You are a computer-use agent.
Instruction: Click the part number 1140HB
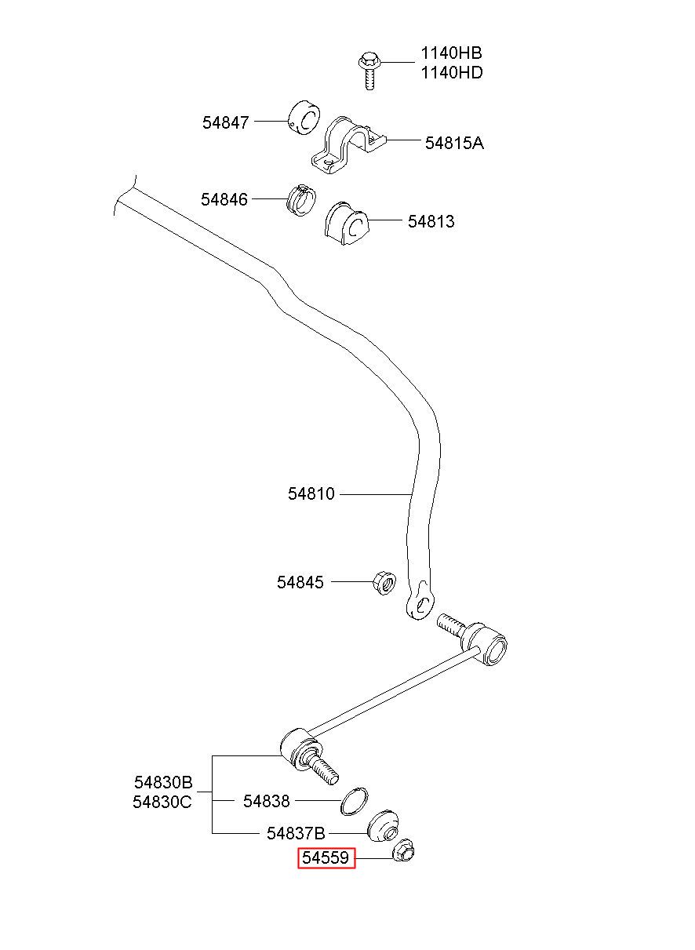tap(451, 53)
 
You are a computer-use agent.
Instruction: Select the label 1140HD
tap(452, 73)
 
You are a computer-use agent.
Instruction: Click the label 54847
tap(225, 123)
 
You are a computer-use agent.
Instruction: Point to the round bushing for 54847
tap(304, 117)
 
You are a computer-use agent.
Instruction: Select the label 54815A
tap(454, 144)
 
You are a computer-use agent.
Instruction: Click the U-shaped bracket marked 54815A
tap(349, 145)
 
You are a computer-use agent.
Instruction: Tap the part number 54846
tap(224, 199)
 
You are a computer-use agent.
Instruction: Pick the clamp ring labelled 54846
tap(301, 200)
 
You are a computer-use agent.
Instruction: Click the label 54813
tap(431, 221)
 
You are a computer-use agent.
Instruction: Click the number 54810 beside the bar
tap(311, 493)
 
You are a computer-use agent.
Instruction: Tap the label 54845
tap(300, 582)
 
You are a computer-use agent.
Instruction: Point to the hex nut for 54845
tap(384, 583)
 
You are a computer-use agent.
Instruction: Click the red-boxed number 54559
tap(326, 858)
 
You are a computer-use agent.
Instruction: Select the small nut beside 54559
tap(403, 850)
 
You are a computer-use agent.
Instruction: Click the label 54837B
tap(296, 834)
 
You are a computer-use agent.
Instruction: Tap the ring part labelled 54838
tap(354, 801)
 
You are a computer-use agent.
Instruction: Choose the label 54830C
tap(162, 802)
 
